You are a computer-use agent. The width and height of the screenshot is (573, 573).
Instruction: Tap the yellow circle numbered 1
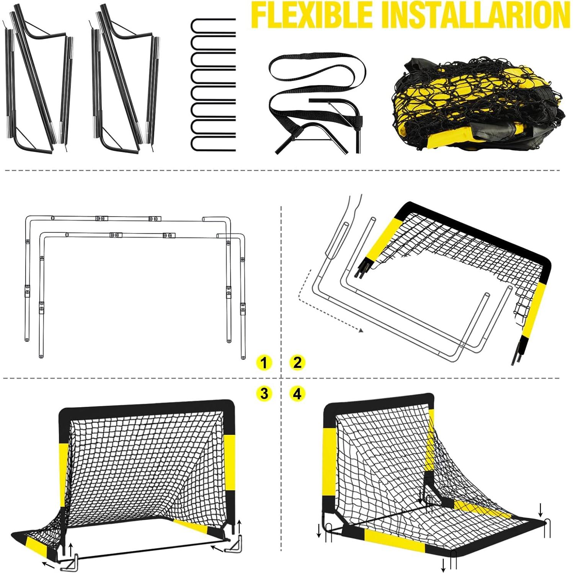pos(264,362)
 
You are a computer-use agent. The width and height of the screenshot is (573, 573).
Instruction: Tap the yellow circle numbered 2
pos(297,362)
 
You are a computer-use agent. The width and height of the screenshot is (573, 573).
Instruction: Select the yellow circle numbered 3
pos(264,393)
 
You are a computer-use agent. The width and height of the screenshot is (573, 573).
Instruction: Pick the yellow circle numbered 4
pos(297,393)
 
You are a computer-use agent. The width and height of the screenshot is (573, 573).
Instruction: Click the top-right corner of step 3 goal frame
pos(232,406)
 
